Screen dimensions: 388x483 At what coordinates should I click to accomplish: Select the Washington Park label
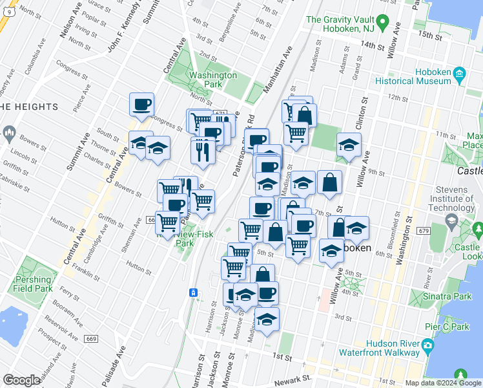coord(213,80)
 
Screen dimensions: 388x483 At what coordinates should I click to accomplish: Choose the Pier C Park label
coord(452,327)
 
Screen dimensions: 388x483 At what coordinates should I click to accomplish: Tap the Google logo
coord(22,380)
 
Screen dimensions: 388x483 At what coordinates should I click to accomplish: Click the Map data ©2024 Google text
coord(444,383)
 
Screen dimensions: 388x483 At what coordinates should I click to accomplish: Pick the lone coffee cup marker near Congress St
coord(141,104)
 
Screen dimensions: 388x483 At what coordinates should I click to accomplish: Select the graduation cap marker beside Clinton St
coord(349,144)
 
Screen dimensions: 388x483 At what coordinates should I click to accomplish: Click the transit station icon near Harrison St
coord(192,293)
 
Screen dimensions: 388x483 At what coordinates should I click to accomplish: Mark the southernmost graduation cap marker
coord(267,319)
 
